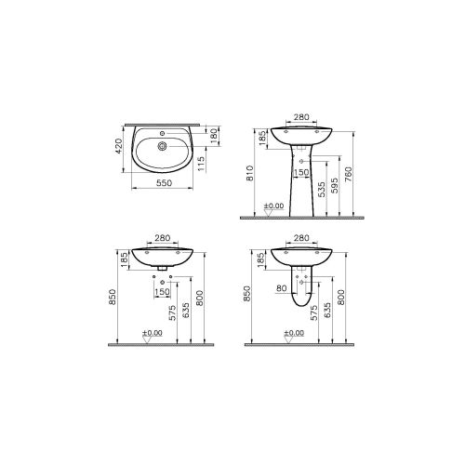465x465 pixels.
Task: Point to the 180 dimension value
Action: tap(215, 138)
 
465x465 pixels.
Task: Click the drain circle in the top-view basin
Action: tap(164, 144)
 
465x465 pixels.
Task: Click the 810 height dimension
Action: tap(247, 174)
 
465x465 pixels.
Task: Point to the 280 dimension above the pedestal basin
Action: tap(299, 118)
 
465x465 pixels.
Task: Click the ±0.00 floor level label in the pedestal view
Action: tap(272, 206)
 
